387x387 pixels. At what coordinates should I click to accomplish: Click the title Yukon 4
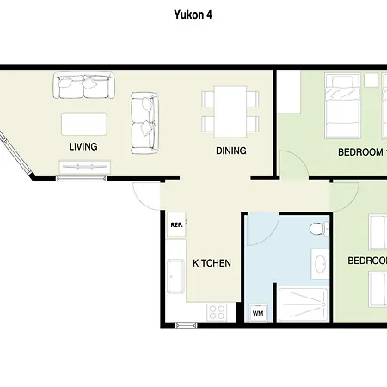pos(193,15)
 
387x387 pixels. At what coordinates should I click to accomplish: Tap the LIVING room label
pos(83,146)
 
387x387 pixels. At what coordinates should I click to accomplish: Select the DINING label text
pos(231,150)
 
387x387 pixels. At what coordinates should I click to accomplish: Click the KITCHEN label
pos(212,263)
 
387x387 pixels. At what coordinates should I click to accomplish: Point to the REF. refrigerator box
pos(176,224)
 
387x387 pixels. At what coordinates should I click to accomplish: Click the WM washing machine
pos(258,313)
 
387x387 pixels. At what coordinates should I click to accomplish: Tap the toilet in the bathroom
pos(319,229)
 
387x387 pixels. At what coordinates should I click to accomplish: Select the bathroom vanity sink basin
pos(320,264)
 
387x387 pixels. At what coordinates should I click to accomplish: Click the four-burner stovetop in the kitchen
pos(217,312)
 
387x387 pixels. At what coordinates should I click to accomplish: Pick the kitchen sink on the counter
pos(175,276)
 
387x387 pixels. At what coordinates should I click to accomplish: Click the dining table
pos(230,112)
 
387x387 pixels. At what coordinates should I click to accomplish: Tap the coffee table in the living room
pos(84,124)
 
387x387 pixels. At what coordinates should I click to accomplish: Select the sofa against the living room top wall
pos(84,85)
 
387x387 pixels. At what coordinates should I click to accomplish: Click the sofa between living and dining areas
pos(144,123)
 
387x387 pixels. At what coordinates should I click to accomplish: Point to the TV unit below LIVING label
pos(85,167)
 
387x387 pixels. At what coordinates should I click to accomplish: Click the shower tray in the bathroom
pos(303,304)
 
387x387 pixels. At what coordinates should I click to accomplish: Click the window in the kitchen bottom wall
pos(186,325)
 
